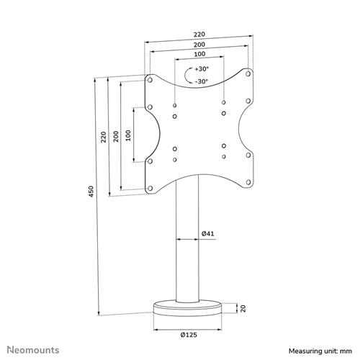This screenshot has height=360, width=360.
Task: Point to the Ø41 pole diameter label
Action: [207, 233]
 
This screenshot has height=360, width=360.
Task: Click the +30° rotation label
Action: [201, 69]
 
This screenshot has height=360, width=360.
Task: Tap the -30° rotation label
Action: [201, 81]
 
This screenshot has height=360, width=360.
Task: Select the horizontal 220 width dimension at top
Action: [198, 33]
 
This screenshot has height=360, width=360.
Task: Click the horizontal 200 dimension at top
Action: [198, 44]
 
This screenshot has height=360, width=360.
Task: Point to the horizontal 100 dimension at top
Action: [198, 55]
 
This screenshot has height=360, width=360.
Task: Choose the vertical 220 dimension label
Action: [104, 137]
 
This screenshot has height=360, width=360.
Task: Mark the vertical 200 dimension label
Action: [116, 137]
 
